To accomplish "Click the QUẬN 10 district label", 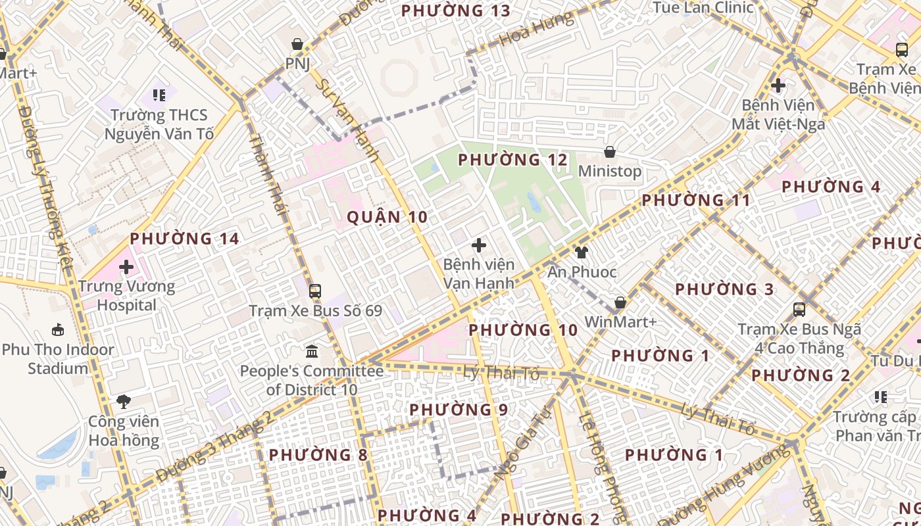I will coord(387,217).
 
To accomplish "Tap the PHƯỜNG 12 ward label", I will coord(512,160).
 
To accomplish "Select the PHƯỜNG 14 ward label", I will coord(184,239).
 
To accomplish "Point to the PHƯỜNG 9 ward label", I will coord(459,410).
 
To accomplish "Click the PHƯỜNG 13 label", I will coord(456,11).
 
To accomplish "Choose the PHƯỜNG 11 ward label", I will coord(696,200).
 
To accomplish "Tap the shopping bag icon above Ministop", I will coord(610,152).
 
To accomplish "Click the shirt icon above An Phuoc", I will coord(581,252).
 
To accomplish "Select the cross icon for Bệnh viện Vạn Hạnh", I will coord(479,245).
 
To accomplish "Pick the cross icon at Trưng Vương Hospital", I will coord(126,267).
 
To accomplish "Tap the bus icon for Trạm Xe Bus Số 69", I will coord(315,291).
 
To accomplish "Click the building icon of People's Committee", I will coord(312,351).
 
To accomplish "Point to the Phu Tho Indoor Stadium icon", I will coord(58,330).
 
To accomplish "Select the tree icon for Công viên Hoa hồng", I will coord(123,401).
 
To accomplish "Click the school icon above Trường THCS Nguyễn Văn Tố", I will coord(159,95).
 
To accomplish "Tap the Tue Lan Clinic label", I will coord(703,8).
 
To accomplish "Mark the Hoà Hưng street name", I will coord(536,30).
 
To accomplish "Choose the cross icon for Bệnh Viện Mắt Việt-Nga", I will coord(778,85).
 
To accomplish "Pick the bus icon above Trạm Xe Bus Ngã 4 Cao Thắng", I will coord(799,309).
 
